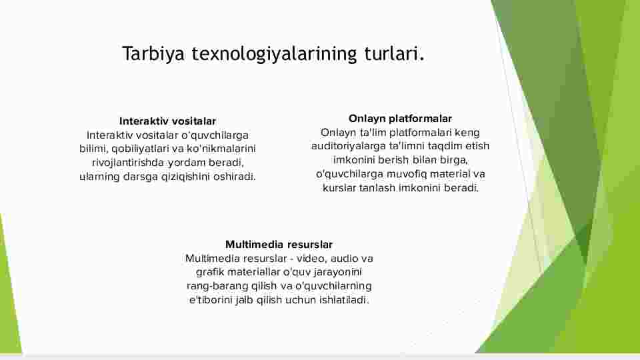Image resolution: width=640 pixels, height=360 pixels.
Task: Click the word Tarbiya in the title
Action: click(x=153, y=54)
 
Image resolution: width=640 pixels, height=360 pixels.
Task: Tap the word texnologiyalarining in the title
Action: click(x=274, y=54)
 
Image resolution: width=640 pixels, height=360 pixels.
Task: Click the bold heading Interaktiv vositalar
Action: click(x=167, y=121)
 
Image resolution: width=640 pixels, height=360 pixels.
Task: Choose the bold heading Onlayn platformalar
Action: click(x=400, y=119)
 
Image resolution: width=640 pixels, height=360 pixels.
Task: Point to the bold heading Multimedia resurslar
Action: click(x=279, y=245)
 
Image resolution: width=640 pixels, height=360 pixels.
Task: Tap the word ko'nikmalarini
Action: click(x=221, y=149)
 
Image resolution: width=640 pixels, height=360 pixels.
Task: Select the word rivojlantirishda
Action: click(x=128, y=163)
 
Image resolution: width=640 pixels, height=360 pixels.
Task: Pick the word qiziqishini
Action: click(x=185, y=177)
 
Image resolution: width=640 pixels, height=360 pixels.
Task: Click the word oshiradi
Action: click(x=234, y=177)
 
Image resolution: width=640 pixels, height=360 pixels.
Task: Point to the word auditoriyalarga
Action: click(x=349, y=146)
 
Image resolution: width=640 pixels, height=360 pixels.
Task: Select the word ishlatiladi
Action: click(x=344, y=300)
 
